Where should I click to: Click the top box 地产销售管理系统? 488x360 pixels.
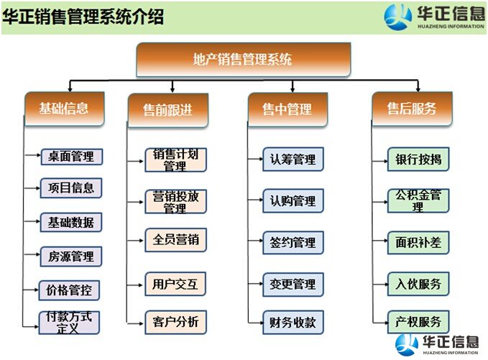click(x=244, y=60)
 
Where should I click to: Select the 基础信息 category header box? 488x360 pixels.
click(x=64, y=109)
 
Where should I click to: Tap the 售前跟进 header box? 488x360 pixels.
click(x=168, y=110)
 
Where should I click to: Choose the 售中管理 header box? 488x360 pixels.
click(x=287, y=109)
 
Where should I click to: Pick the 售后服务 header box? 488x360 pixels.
click(x=412, y=109)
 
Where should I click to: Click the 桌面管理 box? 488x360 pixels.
click(x=72, y=157)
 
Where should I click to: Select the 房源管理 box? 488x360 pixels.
click(x=71, y=257)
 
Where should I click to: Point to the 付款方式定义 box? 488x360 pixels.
click(x=69, y=323)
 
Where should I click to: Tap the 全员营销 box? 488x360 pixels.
click(x=175, y=240)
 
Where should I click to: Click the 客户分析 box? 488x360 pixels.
click(x=175, y=322)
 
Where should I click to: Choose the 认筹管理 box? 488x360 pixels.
click(x=293, y=160)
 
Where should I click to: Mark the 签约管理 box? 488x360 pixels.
click(x=293, y=242)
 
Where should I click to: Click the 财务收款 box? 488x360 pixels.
click(x=293, y=323)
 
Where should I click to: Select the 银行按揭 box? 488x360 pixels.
click(x=418, y=160)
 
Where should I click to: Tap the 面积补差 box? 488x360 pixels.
click(x=418, y=242)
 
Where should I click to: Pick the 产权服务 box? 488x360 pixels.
click(x=418, y=322)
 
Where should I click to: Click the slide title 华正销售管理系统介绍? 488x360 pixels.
click(x=83, y=17)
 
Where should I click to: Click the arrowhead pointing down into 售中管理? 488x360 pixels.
click(x=293, y=89)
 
